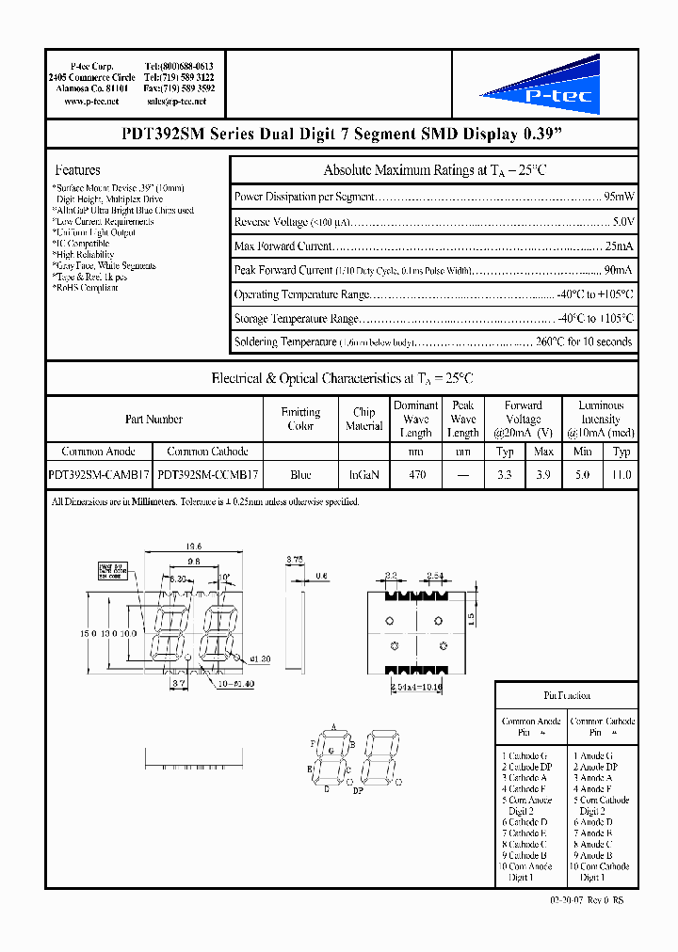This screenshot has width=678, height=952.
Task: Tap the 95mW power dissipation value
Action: [618, 197]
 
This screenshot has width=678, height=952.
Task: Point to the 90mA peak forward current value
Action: [618, 270]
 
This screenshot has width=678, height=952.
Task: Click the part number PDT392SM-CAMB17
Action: [99, 476]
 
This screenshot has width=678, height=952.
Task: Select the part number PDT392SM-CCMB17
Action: [209, 476]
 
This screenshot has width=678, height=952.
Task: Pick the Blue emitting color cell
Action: [300, 476]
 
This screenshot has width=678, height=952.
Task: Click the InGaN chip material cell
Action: [363, 476]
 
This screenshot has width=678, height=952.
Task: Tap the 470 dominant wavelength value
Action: [416, 476]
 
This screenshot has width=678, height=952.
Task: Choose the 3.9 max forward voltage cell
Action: [543, 476]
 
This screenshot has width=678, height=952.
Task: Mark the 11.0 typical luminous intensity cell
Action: [621, 476]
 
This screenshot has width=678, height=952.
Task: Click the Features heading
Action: [78, 170]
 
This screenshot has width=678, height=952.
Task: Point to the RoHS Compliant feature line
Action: [86, 288]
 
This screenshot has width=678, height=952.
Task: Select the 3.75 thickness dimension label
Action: [294, 559]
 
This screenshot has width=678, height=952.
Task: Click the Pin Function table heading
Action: [567, 695]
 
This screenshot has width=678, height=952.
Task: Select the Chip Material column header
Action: [363, 419]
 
